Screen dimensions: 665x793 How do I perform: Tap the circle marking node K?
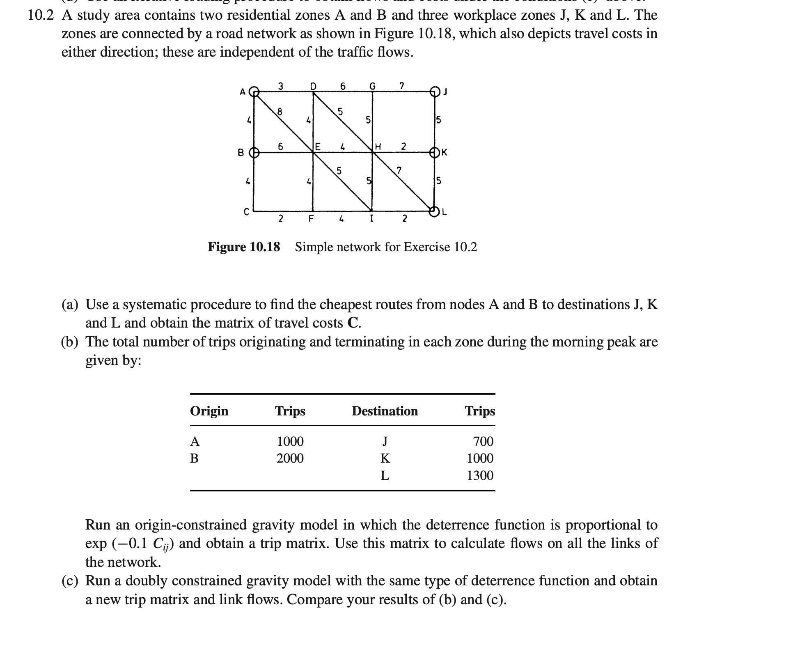point(435,153)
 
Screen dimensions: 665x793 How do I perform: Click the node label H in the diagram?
point(378,147)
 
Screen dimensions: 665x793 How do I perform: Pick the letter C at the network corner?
point(246,212)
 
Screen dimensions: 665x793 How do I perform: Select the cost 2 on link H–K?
point(403,146)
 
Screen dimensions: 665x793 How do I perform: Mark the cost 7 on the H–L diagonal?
point(399,170)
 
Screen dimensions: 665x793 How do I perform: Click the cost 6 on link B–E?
point(280,147)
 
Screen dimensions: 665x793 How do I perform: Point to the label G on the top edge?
point(373,86)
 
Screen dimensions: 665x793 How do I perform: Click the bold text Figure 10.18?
point(244,247)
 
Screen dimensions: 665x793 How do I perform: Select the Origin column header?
point(209,411)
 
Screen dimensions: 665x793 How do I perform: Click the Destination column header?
point(385,411)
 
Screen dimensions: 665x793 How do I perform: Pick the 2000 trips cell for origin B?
point(290,458)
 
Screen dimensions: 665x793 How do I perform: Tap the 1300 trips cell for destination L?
point(480,475)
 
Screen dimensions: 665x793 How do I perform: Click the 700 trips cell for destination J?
point(483,441)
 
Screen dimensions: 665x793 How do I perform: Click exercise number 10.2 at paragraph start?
point(41,16)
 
